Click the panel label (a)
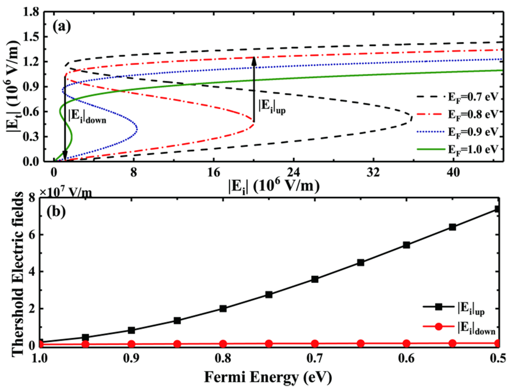62,27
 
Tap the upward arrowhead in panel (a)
254,61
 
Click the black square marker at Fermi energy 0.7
315,279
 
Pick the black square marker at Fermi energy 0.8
223,309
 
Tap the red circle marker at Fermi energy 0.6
406,343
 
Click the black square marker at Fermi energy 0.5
497,209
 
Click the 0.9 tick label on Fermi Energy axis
132,358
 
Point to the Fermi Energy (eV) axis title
268,377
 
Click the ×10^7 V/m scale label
66,192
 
